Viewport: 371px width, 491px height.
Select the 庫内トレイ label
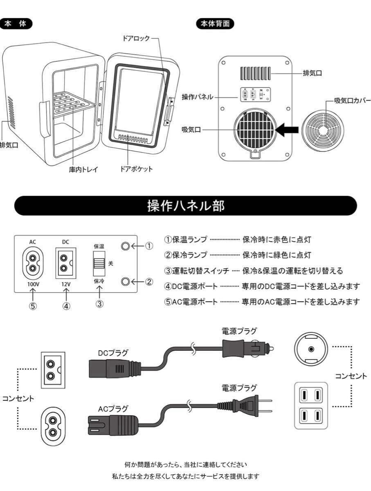pos(83,169)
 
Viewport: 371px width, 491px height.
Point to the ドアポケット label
pos(136,169)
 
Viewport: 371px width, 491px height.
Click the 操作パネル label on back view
pos(197,97)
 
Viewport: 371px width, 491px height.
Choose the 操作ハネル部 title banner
pos(185,206)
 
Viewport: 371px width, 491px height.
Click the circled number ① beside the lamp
pos(149,246)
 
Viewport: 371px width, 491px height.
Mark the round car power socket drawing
pos(311,349)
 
